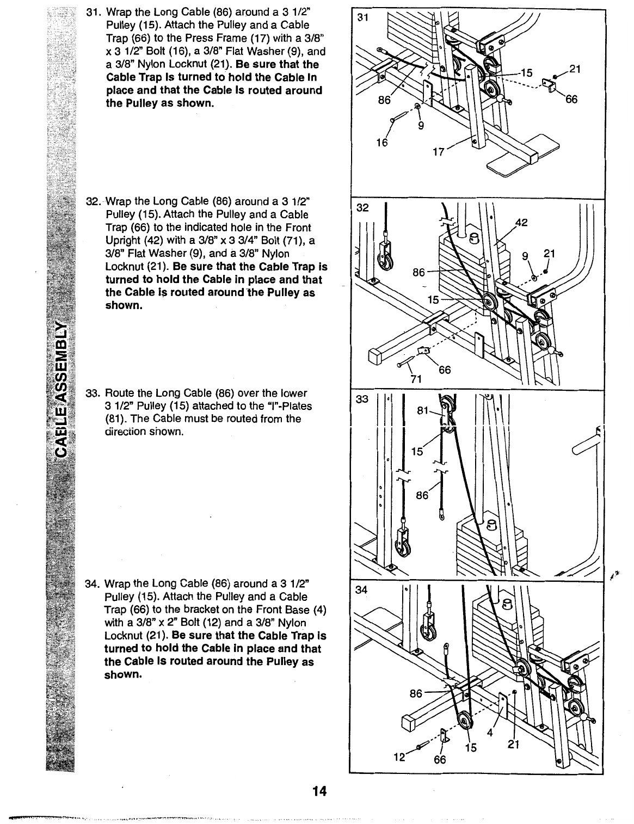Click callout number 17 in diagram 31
[x=438, y=152]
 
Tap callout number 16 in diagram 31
[x=383, y=143]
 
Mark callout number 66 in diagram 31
[x=571, y=100]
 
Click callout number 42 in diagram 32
[x=521, y=222]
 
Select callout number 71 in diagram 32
[x=416, y=379]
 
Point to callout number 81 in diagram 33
[x=423, y=411]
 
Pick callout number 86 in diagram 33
[x=422, y=495]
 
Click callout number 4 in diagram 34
[x=490, y=731]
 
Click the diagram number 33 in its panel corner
[x=362, y=399]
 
